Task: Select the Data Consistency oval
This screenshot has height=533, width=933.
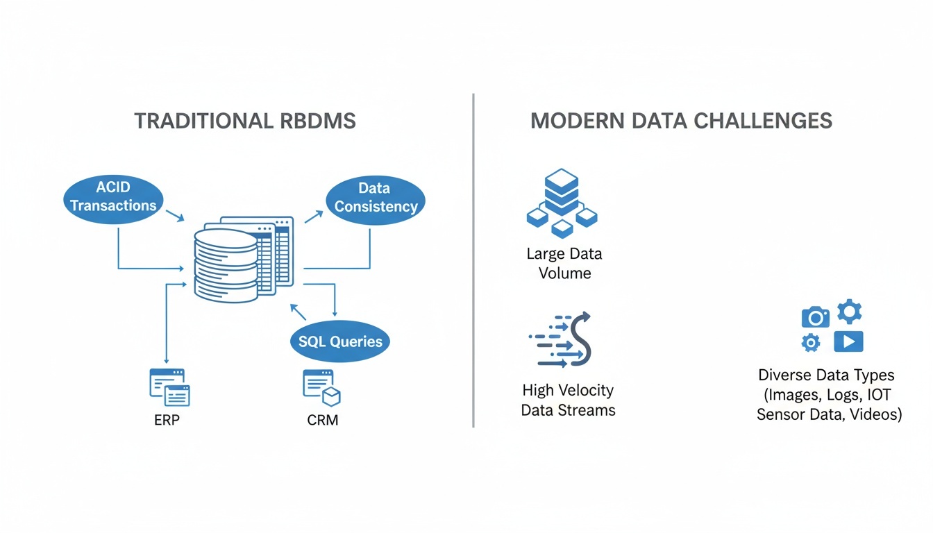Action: tap(375, 197)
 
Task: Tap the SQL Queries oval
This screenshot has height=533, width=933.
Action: tap(340, 341)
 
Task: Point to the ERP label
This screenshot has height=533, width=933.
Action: tap(167, 420)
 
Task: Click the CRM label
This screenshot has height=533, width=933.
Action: tap(322, 420)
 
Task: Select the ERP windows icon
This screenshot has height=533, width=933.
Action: tap(169, 387)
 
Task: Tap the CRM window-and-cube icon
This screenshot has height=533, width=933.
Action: tap(321, 387)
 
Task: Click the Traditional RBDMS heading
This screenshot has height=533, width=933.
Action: tap(244, 121)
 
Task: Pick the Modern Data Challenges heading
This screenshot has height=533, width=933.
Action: tap(681, 121)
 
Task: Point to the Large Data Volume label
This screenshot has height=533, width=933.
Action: tap(564, 263)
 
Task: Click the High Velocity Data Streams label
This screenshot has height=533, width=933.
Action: tap(568, 400)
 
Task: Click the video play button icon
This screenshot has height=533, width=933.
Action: tap(848, 341)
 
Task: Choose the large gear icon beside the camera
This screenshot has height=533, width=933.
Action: tap(849, 312)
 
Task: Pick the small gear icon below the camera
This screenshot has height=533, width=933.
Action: tap(810, 342)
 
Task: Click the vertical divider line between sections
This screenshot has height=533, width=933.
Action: tap(473, 260)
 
